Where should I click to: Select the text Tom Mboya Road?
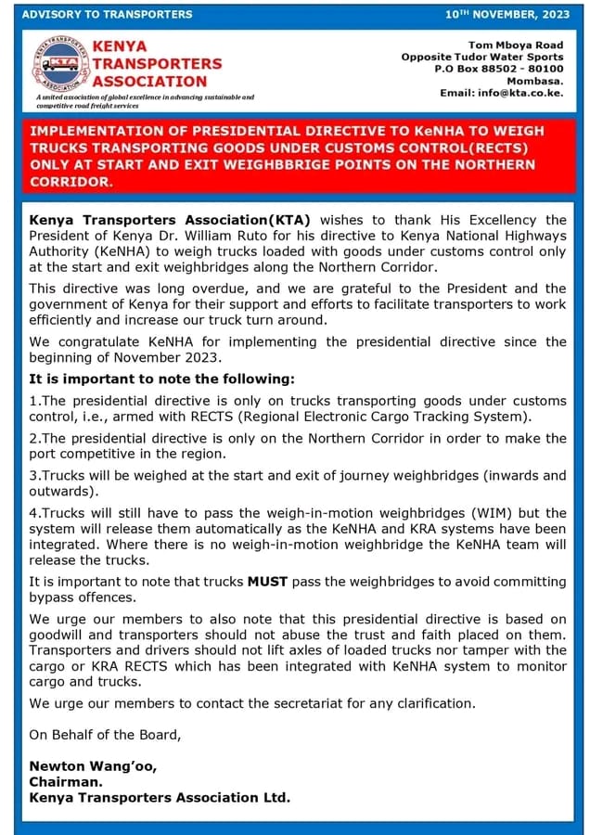516,45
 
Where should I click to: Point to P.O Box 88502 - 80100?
499,69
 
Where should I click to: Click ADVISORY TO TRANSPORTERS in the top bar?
107,14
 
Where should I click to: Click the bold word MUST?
268,582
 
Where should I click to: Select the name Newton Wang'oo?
93,765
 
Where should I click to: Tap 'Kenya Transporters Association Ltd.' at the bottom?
160,797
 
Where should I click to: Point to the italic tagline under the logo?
144,101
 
